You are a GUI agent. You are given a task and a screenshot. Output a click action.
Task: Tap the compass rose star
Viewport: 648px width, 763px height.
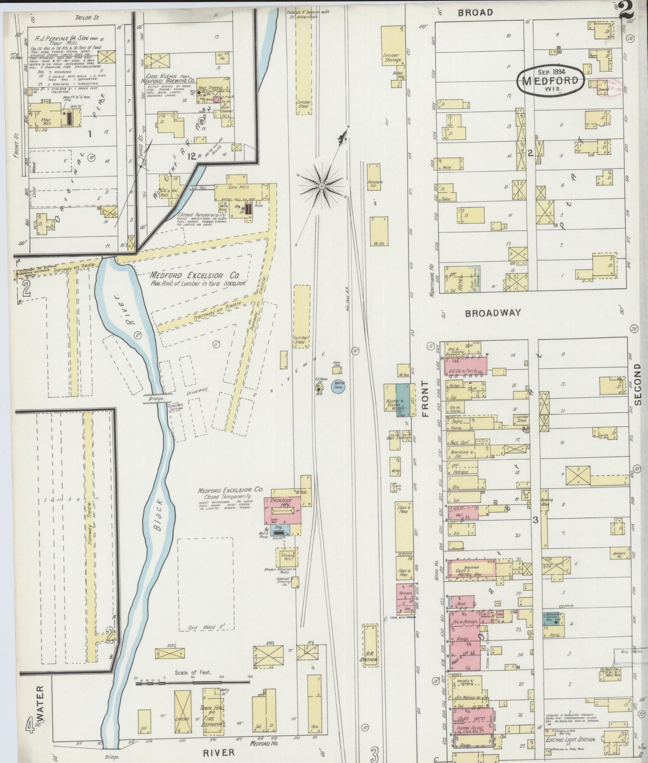click(x=322, y=185)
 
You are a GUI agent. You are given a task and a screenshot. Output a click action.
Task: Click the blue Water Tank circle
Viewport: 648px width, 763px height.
click(x=338, y=386)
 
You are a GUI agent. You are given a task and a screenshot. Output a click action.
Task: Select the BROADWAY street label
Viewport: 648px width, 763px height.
click(x=493, y=313)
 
